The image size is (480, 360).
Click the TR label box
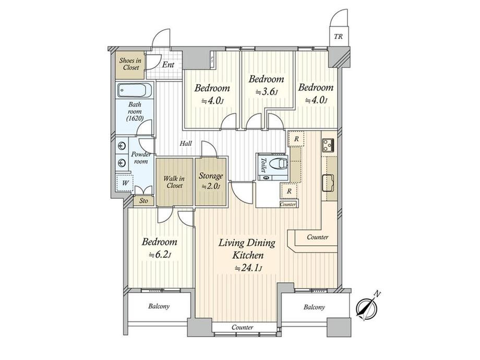(x=338, y=37)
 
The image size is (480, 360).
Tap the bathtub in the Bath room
(x=135, y=90)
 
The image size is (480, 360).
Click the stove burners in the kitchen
(x=328, y=145)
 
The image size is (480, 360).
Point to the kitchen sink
(x=328, y=183)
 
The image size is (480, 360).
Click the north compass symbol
(x=368, y=306)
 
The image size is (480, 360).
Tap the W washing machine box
(x=125, y=183)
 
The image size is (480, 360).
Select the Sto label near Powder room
(x=143, y=201)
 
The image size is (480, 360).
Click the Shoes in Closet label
(x=130, y=64)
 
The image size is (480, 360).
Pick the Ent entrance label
(x=168, y=65)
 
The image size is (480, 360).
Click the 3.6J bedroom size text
(x=266, y=92)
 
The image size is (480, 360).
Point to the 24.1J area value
(x=248, y=269)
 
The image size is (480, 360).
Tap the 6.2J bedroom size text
(x=160, y=255)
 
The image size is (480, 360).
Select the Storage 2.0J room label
(x=211, y=181)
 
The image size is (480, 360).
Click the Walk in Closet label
(x=174, y=182)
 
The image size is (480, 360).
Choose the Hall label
(x=186, y=143)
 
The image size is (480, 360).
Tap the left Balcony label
(x=159, y=306)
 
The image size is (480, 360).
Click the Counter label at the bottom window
(x=242, y=327)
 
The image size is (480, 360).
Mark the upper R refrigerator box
(x=296, y=139)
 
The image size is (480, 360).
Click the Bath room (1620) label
(x=135, y=112)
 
